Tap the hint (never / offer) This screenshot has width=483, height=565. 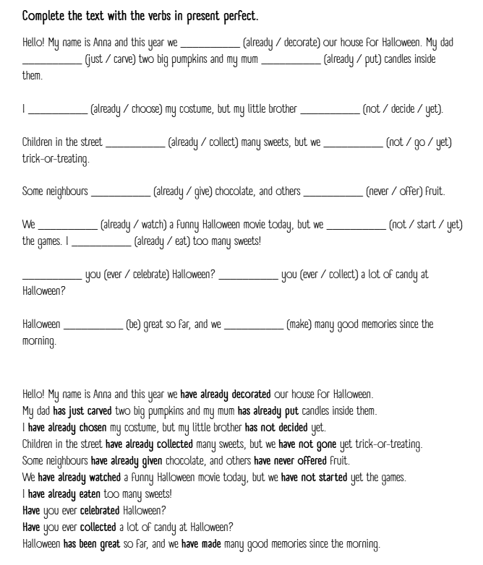click(x=406, y=191)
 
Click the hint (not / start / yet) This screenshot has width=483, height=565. click(x=426, y=225)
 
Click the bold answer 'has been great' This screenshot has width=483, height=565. click(x=92, y=543)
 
